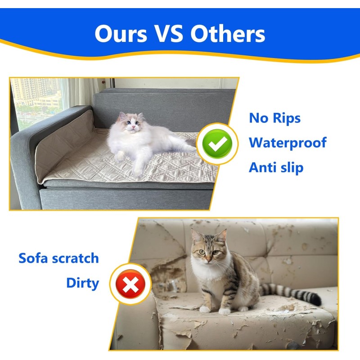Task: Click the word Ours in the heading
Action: click(121, 34)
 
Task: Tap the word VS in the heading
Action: click(168, 34)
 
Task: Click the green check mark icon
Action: click(217, 144)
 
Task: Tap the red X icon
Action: click(130, 284)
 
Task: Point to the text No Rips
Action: click(274, 118)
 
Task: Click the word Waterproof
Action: click(288, 143)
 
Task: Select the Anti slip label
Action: click(276, 167)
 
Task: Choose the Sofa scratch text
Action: click(58, 258)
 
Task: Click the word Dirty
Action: click(83, 283)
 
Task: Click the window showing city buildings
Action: click(36, 101)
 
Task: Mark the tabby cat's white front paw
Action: click(224, 311)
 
